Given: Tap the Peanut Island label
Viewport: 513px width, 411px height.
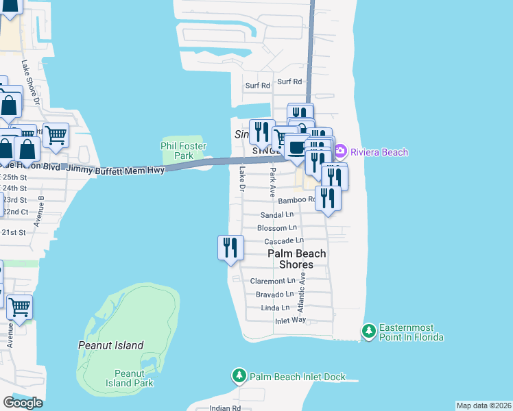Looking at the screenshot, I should tap(110, 346).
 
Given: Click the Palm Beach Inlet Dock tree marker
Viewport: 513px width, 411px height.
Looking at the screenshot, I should tap(239, 376).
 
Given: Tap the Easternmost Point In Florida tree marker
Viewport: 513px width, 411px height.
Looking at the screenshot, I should tap(368, 332).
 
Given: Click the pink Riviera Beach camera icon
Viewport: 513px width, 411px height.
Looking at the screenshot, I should tap(341, 152).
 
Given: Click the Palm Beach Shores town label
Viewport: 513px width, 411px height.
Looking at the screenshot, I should tap(296, 259).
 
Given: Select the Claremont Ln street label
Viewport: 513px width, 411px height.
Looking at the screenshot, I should tap(272, 281).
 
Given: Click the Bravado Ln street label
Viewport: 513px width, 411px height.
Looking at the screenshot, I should tap(274, 295).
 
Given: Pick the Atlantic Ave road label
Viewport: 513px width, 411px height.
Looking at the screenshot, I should tap(300, 295).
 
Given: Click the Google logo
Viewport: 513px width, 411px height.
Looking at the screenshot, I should tap(23, 403).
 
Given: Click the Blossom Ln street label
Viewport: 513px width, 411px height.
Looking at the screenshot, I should tap(276, 227).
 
